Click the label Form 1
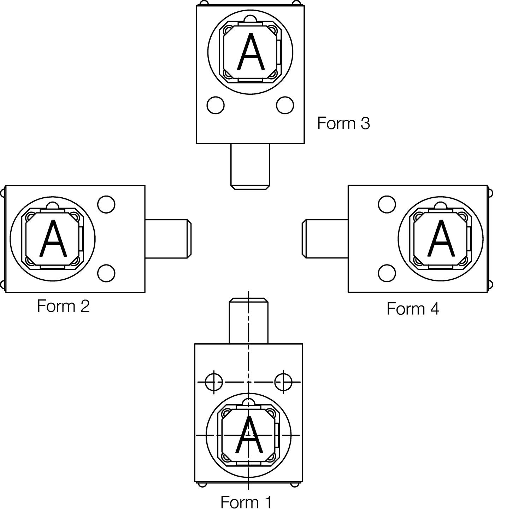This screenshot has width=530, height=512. [x=246, y=502]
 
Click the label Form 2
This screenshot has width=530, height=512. [x=63, y=306]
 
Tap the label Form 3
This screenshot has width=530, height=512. [x=343, y=123]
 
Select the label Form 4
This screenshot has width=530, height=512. [x=413, y=309]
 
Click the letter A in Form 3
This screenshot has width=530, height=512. [x=251, y=52]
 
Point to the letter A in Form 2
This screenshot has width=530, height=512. [x=53, y=238]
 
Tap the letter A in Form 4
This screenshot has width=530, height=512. [x=441, y=238]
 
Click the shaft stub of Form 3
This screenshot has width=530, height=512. [x=250, y=167]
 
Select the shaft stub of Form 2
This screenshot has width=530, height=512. [x=168, y=239]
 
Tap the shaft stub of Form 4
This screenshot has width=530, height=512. [x=325, y=239]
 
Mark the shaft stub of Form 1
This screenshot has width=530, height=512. [x=249, y=321]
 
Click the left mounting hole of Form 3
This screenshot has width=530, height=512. [x=216, y=105]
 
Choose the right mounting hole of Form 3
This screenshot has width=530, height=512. [x=285, y=105]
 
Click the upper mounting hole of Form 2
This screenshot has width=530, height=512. [x=106, y=204]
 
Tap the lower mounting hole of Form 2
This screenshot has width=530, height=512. [x=106, y=273]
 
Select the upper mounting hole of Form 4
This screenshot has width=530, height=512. [x=387, y=204]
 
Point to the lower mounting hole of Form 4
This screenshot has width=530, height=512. [x=387, y=273]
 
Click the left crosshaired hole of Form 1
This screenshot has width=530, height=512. [x=214, y=382]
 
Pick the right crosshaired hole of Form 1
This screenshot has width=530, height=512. [x=283, y=382]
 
